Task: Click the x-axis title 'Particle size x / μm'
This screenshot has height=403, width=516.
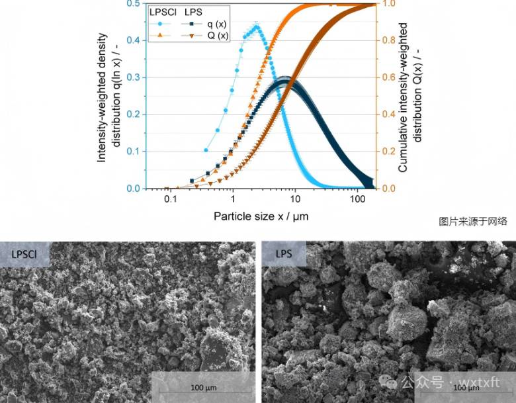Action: click(261, 216)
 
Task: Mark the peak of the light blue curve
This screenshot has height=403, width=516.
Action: click(256, 27)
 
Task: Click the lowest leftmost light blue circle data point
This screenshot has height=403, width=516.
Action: click(206, 151)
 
